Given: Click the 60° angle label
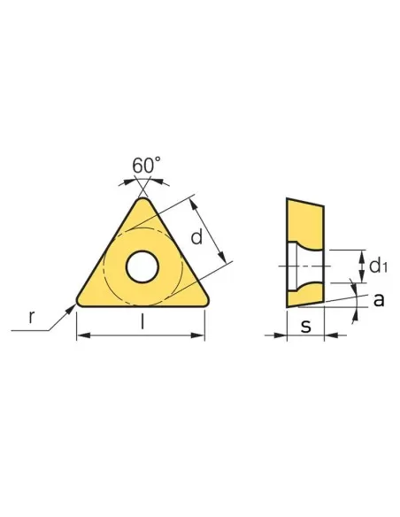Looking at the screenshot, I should coord(146,166).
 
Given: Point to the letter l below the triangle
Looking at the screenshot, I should coord(142,324).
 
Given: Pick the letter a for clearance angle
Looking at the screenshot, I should coord(379,299).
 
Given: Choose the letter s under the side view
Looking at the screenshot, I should coord(305,326).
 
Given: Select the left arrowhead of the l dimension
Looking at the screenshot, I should coord(81,336).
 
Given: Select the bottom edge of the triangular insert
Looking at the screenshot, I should coord(142,306).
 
